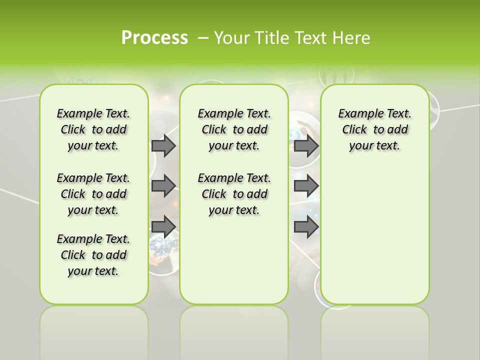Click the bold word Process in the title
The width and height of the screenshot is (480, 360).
click(x=154, y=37)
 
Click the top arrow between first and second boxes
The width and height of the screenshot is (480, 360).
click(x=163, y=145)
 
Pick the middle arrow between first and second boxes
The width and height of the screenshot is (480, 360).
click(x=163, y=186)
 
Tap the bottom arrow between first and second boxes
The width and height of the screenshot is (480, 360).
click(x=163, y=226)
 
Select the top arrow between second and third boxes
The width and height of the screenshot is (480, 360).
click(x=306, y=145)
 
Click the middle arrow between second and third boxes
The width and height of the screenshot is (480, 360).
click(x=306, y=186)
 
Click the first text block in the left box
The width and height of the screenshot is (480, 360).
click(x=93, y=129)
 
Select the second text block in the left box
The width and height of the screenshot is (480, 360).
click(x=93, y=194)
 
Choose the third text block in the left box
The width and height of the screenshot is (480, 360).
click(x=93, y=255)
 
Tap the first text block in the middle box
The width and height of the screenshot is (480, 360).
click(x=234, y=129)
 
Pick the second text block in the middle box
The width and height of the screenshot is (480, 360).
click(x=234, y=194)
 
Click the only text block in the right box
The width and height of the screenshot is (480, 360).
click(x=374, y=129)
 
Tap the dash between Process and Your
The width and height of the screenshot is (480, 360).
click(x=203, y=37)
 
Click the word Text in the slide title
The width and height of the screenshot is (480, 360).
click(x=309, y=37)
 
